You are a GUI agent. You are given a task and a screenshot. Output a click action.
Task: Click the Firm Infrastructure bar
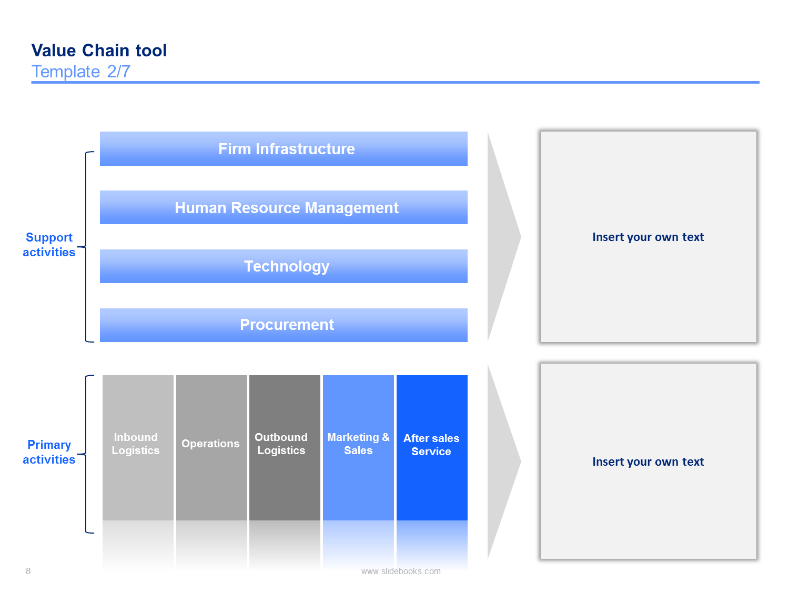pyautogui.click(x=284, y=148)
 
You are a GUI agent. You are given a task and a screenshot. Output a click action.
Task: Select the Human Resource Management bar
pyautogui.click(x=284, y=207)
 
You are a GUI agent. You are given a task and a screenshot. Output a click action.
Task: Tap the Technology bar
pyautogui.click(x=284, y=266)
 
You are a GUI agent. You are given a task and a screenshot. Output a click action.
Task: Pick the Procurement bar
pyautogui.click(x=284, y=325)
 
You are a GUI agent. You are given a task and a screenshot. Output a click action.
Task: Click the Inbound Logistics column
pyautogui.click(x=138, y=448)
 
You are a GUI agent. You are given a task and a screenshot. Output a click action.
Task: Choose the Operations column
pyautogui.click(x=211, y=448)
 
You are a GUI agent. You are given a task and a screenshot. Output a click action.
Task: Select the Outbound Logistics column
pyautogui.click(x=285, y=448)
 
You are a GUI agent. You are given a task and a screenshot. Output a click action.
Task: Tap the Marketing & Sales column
pyautogui.click(x=358, y=448)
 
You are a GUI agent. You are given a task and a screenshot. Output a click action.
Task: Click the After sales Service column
pyautogui.click(x=432, y=448)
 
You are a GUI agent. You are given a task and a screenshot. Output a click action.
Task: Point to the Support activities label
pyautogui.click(x=49, y=245)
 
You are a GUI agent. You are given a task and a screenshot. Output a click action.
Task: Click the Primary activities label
pyautogui.click(x=49, y=452)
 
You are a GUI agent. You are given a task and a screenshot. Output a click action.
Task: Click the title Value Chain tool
pyautogui.click(x=99, y=51)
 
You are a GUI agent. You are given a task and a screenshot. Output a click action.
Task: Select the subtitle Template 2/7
pyautogui.click(x=81, y=72)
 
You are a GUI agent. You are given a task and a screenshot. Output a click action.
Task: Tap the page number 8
pyautogui.click(x=28, y=571)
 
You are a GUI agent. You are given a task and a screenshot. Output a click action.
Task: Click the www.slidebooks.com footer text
pyautogui.click(x=401, y=571)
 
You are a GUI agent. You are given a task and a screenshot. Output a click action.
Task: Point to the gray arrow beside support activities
pyautogui.click(x=503, y=236)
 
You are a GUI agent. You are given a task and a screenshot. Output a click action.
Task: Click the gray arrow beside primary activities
pyautogui.click(x=503, y=461)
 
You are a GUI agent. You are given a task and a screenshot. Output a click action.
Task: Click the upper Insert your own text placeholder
pyautogui.click(x=648, y=236)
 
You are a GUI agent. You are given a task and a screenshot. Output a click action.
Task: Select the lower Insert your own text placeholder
pyautogui.click(x=648, y=461)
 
